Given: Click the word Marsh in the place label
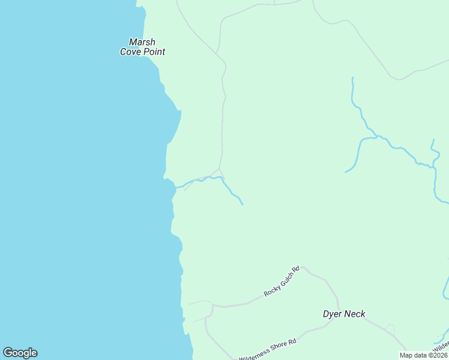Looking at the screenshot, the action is pos(142,42).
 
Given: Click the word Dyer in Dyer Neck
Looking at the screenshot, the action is pos(332,314).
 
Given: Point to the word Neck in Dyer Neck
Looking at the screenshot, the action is pos(355,314).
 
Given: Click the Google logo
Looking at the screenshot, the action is pos(20,353).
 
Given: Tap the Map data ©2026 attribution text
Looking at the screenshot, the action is pos(423,355).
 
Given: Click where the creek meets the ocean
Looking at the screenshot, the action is pos(176,187).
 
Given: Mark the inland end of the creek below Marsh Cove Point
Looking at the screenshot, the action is pos(243,205).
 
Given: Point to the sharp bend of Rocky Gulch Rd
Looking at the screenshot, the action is pos(301,268).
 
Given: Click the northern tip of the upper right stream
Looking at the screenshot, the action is pos(352,77).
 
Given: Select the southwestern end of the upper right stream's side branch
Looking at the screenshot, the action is pos(346,172).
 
